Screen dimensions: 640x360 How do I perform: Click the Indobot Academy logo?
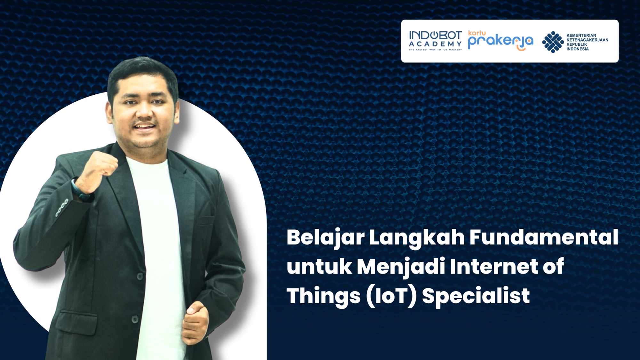[x=435, y=41]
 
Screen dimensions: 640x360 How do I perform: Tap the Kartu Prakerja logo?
[x=500, y=41]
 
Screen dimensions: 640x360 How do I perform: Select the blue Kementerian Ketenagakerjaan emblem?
[x=553, y=42]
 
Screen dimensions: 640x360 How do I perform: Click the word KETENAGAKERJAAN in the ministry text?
[x=587, y=40]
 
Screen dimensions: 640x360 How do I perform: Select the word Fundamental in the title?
[x=544, y=237]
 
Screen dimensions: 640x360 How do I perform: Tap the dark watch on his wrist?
[x=80, y=191]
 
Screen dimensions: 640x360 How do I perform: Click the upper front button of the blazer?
[x=140, y=276]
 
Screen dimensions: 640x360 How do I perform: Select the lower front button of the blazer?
[x=135, y=319]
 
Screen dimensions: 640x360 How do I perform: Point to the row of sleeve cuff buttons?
[x=62, y=208]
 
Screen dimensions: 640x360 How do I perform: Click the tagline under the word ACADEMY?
[x=435, y=50]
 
